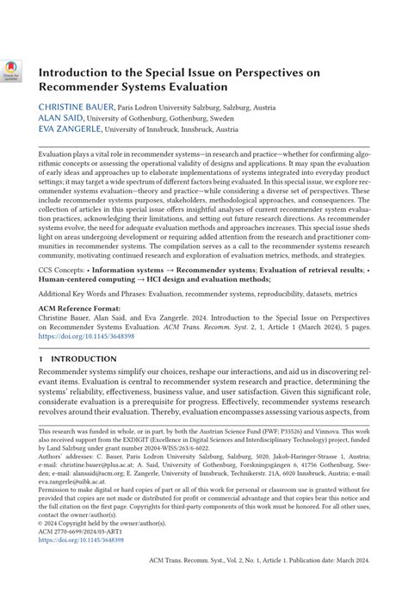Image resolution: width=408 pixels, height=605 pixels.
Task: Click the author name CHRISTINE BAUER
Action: click(x=72, y=107)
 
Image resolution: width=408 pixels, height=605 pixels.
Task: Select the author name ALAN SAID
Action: click(x=57, y=118)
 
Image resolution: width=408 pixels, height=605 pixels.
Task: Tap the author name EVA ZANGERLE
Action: click(x=69, y=129)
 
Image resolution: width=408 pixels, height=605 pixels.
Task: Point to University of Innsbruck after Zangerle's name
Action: click(x=145, y=129)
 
